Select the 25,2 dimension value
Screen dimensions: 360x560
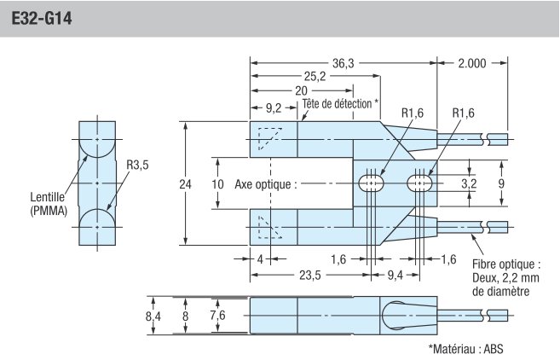point(315,76)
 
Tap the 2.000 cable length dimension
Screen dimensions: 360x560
point(473,61)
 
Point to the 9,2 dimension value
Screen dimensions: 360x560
point(273,107)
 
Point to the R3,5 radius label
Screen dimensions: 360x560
point(137,165)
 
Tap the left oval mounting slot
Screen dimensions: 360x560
point(372,183)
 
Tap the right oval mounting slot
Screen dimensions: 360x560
point(420,183)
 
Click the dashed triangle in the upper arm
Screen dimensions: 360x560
point(268,136)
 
